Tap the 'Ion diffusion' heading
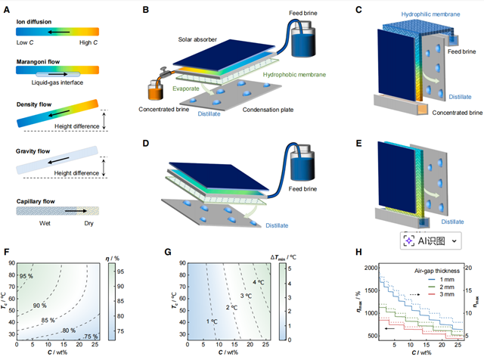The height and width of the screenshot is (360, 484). click(34, 21)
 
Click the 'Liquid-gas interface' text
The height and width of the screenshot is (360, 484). click(57, 81)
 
